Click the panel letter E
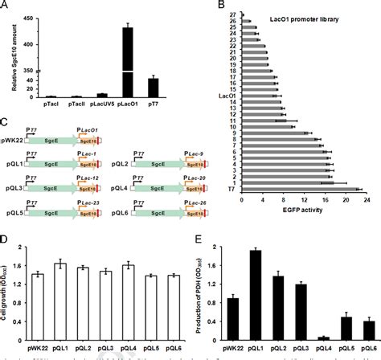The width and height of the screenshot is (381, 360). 200,239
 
